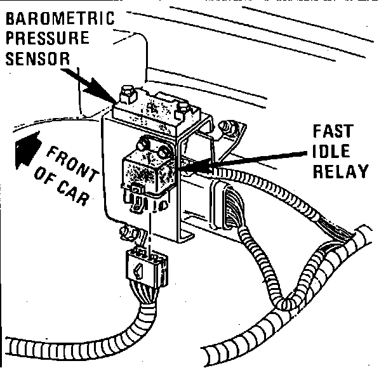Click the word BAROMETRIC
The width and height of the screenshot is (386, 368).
[x=60, y=18]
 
